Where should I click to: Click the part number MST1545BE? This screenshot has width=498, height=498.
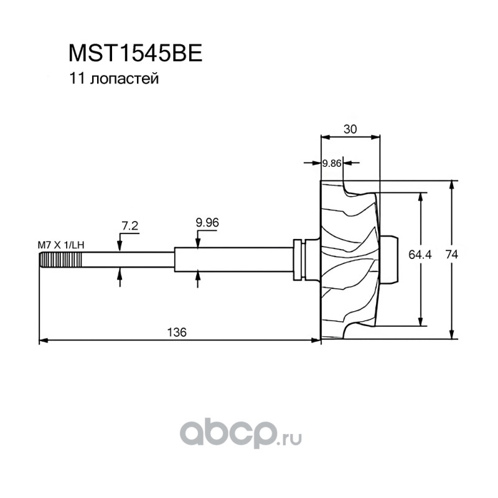click(x=135, y=54)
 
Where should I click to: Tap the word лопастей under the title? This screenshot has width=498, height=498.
click(x=124, y=79)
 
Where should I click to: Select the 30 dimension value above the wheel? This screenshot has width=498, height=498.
click(x=350, y=129)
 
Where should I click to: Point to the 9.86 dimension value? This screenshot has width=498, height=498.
click(x=332, y=163)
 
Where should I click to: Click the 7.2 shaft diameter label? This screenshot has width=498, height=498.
click(x=130, y=225)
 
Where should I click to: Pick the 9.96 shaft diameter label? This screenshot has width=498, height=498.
click(x=207, y=223)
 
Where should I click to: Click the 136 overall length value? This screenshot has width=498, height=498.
click(x=177, y=332)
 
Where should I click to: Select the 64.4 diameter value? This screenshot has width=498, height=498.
click(x=420, y=255)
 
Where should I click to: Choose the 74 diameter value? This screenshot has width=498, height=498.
click(x=452, y=254)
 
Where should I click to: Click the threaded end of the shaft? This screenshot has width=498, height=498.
click(x=60, y=260)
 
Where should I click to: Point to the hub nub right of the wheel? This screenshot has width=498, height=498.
click(x=388, y=260)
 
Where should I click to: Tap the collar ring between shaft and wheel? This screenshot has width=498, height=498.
click(x=299, y=260)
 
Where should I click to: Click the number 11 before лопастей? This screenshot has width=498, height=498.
click(x=76, y=79)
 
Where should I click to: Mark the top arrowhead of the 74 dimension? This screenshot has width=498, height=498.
click(x=452, y=185)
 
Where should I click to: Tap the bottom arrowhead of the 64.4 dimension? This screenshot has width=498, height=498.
click(x=421, y=321)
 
